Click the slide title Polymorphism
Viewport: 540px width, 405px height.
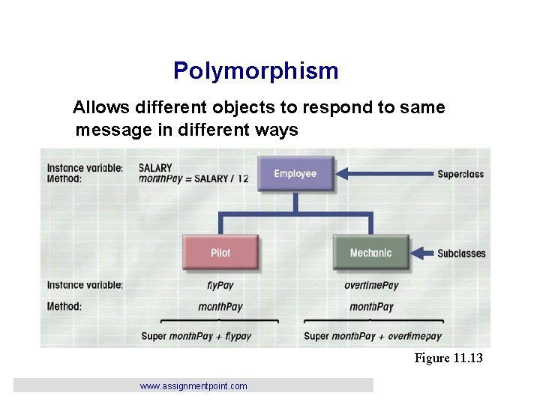(256, 71)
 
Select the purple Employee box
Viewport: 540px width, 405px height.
(295, 173)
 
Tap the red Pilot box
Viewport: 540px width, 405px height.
(220, 253)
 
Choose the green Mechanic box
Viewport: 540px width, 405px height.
(370, 253)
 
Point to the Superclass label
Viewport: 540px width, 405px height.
(460, 174)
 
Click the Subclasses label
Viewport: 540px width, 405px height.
(461, 253)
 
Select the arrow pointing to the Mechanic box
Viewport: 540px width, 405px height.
(424, 253)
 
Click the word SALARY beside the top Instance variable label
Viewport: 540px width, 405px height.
(155, 168)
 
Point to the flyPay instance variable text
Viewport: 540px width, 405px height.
(220, 285)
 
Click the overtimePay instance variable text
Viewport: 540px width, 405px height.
(371, 285)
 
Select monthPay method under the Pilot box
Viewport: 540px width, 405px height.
(220, 307)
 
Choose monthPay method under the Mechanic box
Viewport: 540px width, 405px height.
(371, 307)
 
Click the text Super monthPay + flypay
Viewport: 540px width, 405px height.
(196, 336)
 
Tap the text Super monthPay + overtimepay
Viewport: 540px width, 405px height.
(373, 336)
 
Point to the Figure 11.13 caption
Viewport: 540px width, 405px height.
(448, 358)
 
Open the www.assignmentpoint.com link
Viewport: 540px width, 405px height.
(193, 386)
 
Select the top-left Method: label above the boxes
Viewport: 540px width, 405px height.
(64, 179)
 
